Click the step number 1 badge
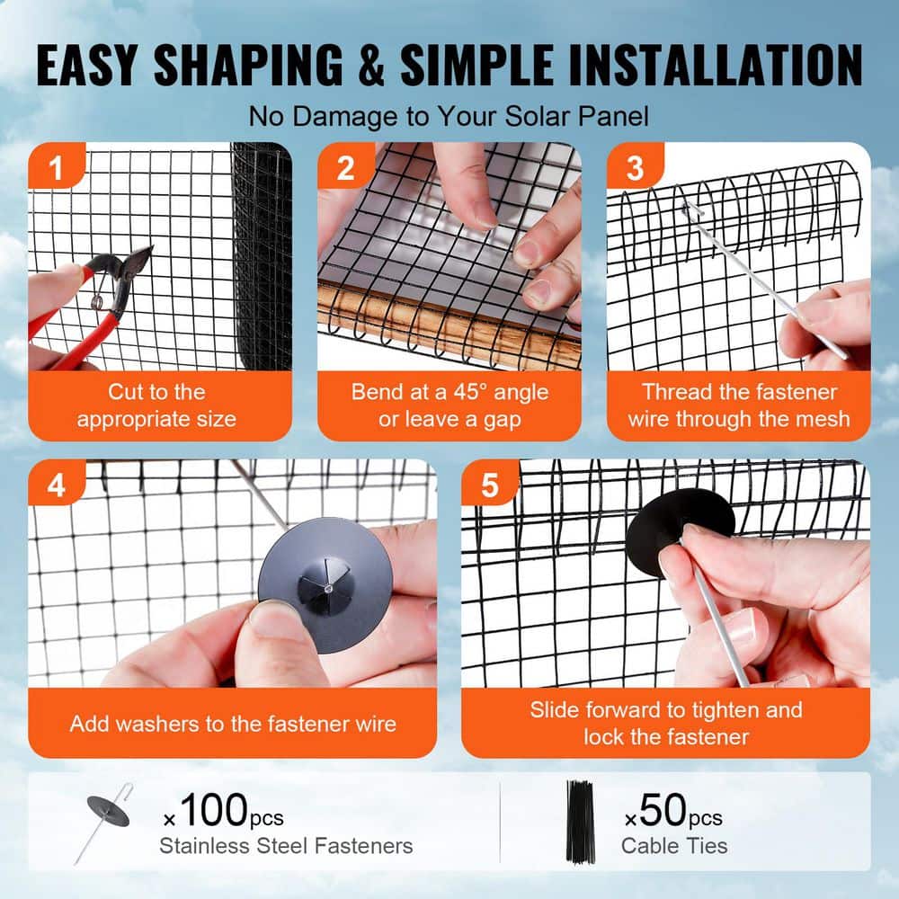(55, 168)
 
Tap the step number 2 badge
(345, 168)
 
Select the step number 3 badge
(635, 168)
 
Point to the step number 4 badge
(56, 485)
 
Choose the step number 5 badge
(489, 485)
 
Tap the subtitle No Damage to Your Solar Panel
(449, 116)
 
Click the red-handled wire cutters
(99, 306)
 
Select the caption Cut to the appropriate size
(156, 405)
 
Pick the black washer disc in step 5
(681, 530)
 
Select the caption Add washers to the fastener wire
(233, 723)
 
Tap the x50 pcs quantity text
(673, 816)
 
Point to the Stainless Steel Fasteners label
(286, 846)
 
